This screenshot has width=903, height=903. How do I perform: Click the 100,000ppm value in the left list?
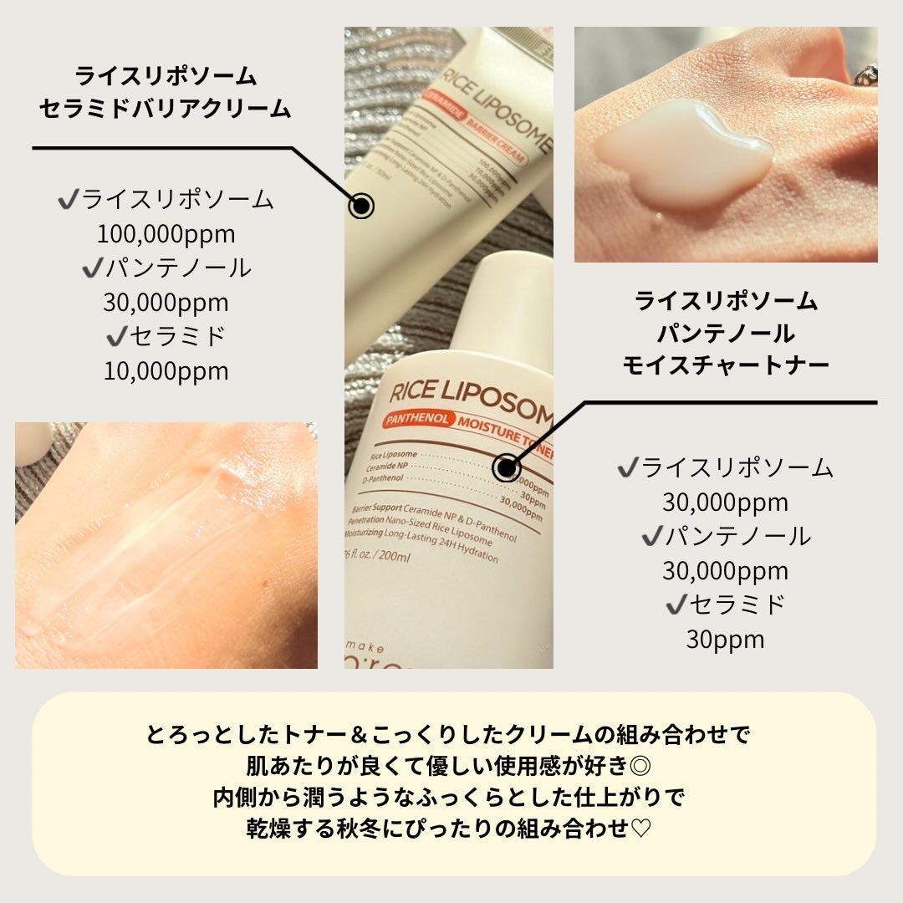click(x=166, y=233)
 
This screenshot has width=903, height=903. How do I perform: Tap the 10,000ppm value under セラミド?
click(x=166, y=370)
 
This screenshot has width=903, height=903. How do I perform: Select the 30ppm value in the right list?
click(x=725, y=640)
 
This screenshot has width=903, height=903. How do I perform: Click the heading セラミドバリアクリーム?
click(x=166, y=108)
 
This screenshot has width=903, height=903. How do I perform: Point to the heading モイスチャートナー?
click(x=725, y=365)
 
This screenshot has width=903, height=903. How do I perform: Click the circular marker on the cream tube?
click(x=361, y=206)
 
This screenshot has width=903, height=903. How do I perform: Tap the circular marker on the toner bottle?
click(x=506, y=468)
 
